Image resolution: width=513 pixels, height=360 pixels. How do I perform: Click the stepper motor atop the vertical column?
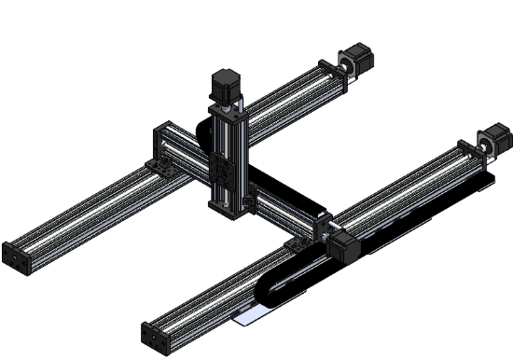point(225,85)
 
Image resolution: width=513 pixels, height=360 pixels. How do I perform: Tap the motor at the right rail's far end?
point(496,143)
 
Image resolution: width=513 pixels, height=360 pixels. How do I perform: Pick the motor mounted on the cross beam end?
point(340,246)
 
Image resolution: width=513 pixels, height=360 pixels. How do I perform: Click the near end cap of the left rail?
point(16,256)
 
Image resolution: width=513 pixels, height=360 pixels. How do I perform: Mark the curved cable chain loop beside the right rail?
point(270,289)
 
